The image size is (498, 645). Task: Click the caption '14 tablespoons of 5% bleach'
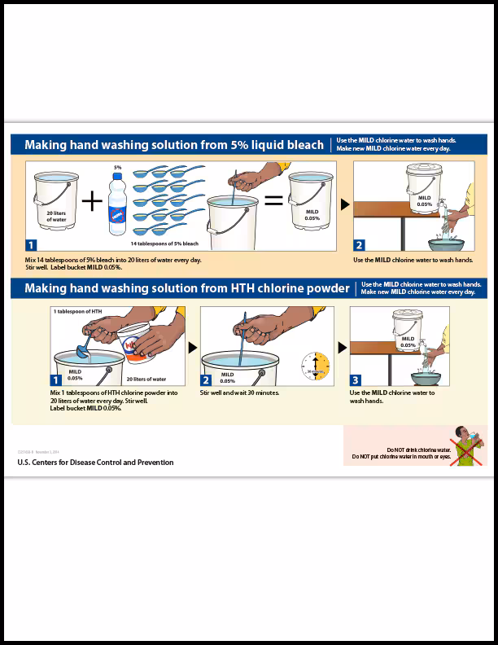coord(164,244)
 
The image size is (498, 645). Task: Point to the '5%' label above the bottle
coord(117,168)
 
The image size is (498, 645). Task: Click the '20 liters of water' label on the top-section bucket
coord(56,216)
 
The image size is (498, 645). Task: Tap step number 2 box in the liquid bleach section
coord(360,244)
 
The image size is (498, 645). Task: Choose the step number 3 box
coord(356,380)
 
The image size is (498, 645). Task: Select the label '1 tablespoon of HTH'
coord(78,312)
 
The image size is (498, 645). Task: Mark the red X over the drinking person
coord(465,447)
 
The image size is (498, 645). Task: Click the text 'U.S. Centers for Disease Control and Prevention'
coord(95,463)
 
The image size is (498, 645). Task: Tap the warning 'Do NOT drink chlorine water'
coord(418,450)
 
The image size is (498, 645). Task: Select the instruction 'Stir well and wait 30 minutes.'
coord(239,393)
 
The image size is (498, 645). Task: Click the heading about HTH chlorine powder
coord(187,288)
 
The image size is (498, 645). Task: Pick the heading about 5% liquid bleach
coord(173,145)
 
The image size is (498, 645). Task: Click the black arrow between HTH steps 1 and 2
coord(193,347)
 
